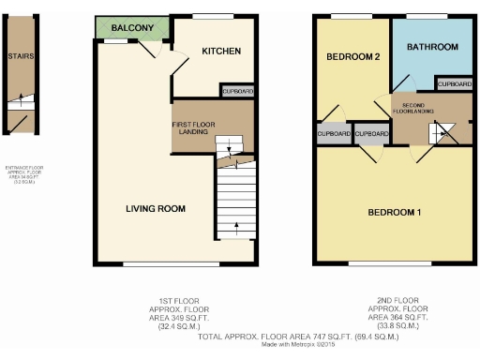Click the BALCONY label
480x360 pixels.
[x=131, y=29]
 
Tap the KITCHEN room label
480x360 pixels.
[x=221, y=52]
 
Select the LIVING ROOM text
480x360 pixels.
[x=156, y=208]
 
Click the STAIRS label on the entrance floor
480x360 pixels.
[x=21, y=56]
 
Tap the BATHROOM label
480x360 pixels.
[x=431, y=47]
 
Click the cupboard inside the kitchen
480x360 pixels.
[x=237, y=92]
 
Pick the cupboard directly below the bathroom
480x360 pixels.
[x=454, y=85]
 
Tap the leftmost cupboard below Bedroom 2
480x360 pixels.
[x=334, y=135]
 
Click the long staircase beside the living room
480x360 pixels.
[x=234, y=201]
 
